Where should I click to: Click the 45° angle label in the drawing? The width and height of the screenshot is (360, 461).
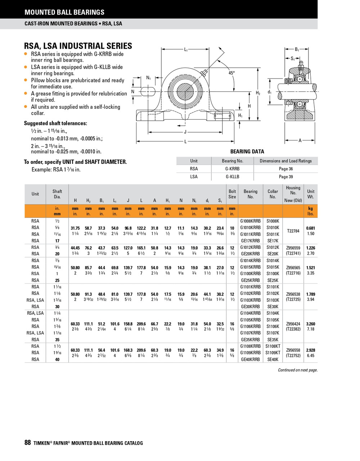coord(231,73)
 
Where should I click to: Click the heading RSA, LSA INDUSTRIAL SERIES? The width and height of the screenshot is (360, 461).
coord(78,46)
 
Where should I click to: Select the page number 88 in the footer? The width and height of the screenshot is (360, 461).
coord(28,443)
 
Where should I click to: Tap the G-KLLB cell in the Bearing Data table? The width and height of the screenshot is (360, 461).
coord(232,176)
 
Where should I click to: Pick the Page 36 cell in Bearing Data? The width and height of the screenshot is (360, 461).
coord(286,169)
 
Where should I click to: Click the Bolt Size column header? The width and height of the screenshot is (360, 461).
coord(232,194)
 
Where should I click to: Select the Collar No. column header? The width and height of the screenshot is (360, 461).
coord(273,194)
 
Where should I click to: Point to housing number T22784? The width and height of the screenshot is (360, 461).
coord(293,231)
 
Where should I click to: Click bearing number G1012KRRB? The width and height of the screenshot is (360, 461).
coord(250,247)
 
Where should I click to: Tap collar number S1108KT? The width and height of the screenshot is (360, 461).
coord(273,346)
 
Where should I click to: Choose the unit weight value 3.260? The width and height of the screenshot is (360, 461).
coord(310,324)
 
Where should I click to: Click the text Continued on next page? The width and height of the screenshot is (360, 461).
coord(298,370)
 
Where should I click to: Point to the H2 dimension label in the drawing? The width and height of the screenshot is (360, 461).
coord(258,93)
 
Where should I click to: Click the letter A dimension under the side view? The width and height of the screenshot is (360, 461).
coord(300,141)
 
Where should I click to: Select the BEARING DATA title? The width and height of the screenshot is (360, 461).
coord(247,152)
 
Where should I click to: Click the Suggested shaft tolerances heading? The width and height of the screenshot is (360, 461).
coord(55,123)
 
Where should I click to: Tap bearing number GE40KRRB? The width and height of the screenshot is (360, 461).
coord(250,359)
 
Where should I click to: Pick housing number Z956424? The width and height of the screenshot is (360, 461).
coord(293,324)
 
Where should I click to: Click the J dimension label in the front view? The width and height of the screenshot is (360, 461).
coord(185,132)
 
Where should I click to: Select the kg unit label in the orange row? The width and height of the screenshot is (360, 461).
coord(310,208)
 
